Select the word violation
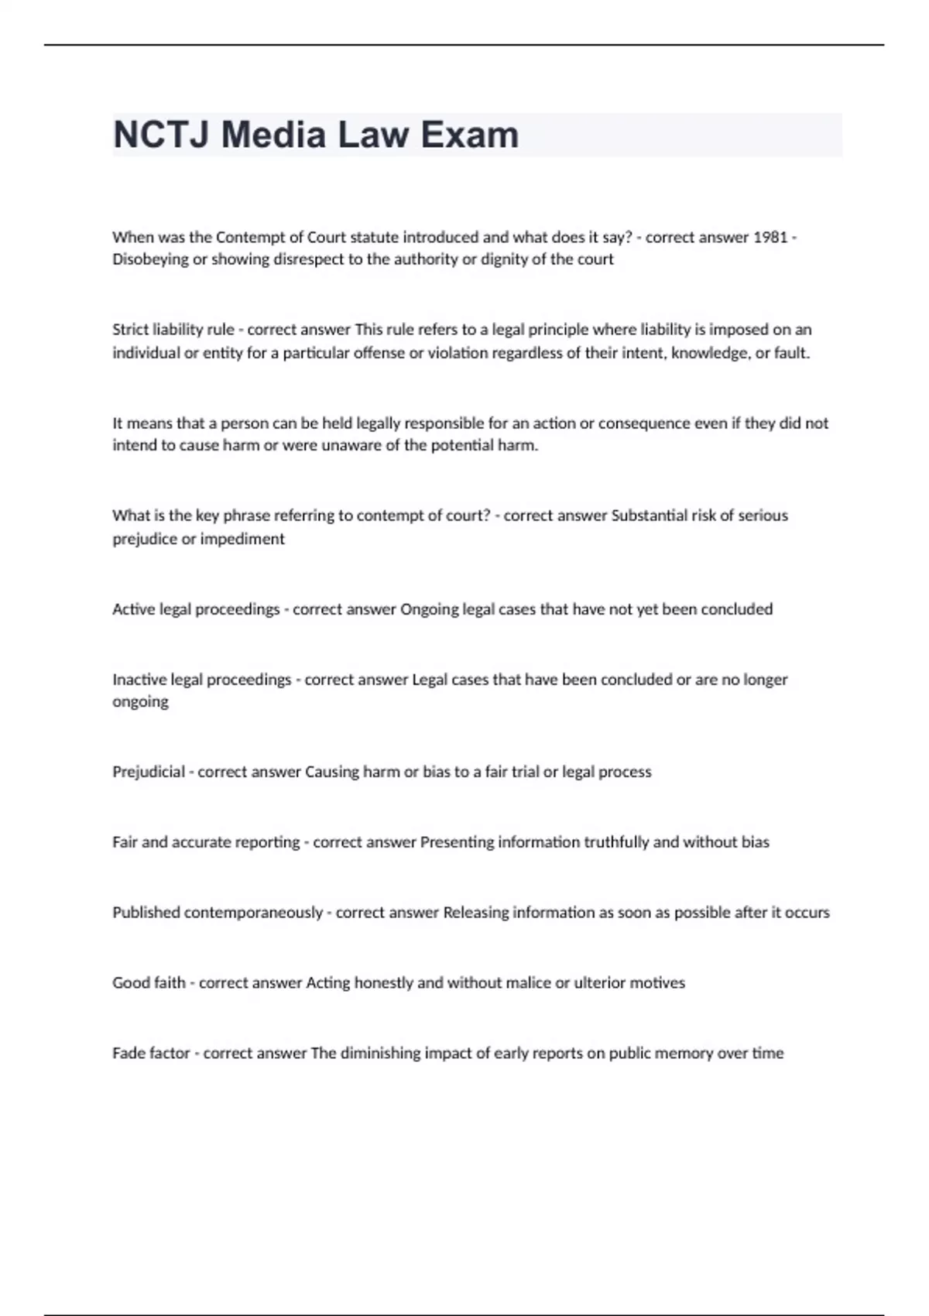(x=482, y=353)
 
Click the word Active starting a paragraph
(x=134, y=609)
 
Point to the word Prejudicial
(x=149, y=772)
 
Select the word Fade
(x=129, y=1054)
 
